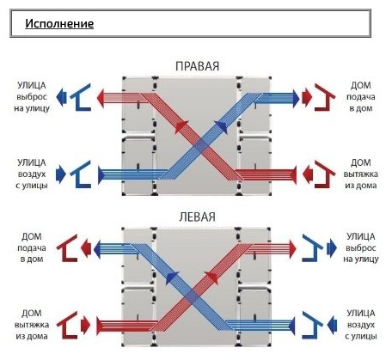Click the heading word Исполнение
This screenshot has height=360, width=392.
click(59, 23)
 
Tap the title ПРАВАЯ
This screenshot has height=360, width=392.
click(197, 66)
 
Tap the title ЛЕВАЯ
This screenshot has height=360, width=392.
click(197, 217)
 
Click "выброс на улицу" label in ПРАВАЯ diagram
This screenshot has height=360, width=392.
click(32, 102)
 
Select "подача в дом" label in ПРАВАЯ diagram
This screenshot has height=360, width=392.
click(361, 102)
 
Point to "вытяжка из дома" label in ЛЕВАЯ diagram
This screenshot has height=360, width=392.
click(32, 331)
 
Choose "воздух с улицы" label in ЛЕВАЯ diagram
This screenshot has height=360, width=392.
click(361, 331)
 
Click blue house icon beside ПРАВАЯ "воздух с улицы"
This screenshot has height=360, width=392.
click(81, 174)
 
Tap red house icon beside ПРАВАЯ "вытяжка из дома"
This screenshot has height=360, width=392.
click(325, 174)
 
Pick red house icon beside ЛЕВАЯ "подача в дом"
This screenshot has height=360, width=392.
click(67, 248)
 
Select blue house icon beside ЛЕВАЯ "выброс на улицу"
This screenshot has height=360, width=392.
click(312, 248)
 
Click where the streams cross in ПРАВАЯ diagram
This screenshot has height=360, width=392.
click(202, 147)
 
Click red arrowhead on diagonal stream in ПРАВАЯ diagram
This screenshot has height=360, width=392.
click(181, 127)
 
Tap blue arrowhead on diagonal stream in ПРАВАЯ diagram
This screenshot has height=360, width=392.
click(222, 127)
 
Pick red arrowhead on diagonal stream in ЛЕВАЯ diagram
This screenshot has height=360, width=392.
click(212, 278)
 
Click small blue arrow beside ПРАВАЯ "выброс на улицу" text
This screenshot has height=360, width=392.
click(61, 97)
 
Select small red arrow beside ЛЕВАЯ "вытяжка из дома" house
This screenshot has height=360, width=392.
click(86, 326)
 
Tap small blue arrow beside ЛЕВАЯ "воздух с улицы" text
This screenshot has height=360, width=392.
click(332, 326)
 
